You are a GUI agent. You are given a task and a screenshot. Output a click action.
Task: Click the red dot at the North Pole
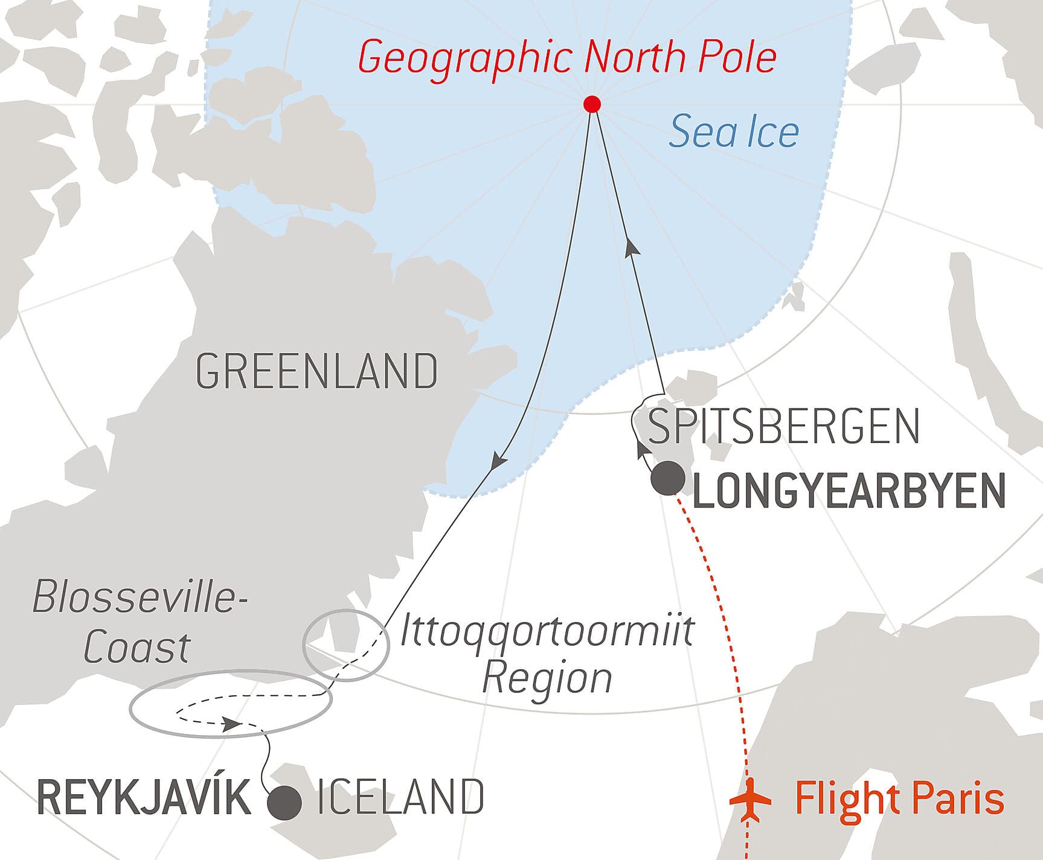pos(592,104)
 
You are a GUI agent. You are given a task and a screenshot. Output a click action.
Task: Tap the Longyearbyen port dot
pos(667,479)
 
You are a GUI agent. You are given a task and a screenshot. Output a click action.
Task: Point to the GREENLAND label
pos(317,371)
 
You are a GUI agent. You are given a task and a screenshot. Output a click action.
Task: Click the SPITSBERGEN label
pos(783,426)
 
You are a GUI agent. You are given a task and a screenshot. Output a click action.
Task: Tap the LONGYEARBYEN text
pos(849,491)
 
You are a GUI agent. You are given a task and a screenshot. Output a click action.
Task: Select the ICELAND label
pos(400,797)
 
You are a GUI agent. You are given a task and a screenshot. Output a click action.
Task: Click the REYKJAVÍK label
pos(144,798)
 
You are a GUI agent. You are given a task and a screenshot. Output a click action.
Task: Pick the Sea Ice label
pos(734,132)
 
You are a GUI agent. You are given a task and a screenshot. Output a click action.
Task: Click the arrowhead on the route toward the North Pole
pos(631,247)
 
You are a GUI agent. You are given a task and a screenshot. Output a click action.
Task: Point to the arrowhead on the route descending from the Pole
pos(498,461)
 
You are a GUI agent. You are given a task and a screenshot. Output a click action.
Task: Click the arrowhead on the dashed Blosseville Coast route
pos(231,724)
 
